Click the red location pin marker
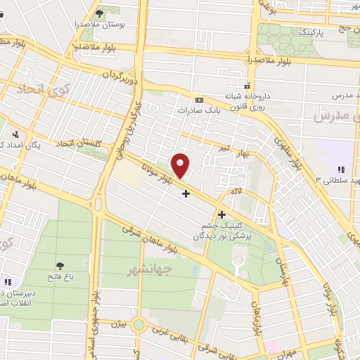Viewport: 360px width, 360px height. (181, 165)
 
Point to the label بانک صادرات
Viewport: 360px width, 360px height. (195, 110)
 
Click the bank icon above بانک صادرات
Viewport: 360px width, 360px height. (198, 99)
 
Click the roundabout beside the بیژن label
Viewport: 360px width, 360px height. (138, 326)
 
